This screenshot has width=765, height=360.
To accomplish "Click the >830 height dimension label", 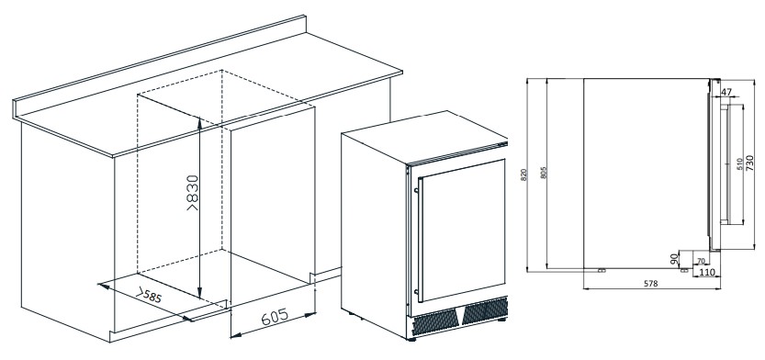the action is (193, 193).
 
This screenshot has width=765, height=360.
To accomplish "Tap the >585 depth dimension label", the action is (149, 296).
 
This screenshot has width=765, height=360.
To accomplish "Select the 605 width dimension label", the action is (275, 317).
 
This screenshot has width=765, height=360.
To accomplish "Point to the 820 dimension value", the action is (524, 174).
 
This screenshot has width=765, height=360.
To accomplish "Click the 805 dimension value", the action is (544, 173).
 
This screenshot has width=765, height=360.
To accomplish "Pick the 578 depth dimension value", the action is (651, 284).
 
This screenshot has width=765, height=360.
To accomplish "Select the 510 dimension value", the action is (739, 163).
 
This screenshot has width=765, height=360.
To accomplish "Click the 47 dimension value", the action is (726, 92).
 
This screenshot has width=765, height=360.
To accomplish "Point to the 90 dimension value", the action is (674, 259).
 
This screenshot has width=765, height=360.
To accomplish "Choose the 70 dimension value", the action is (701, 261).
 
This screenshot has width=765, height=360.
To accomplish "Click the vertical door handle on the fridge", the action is (418, 240).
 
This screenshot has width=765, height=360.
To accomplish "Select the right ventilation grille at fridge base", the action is (485, 309).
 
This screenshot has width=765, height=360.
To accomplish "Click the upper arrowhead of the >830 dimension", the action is (199, 120).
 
